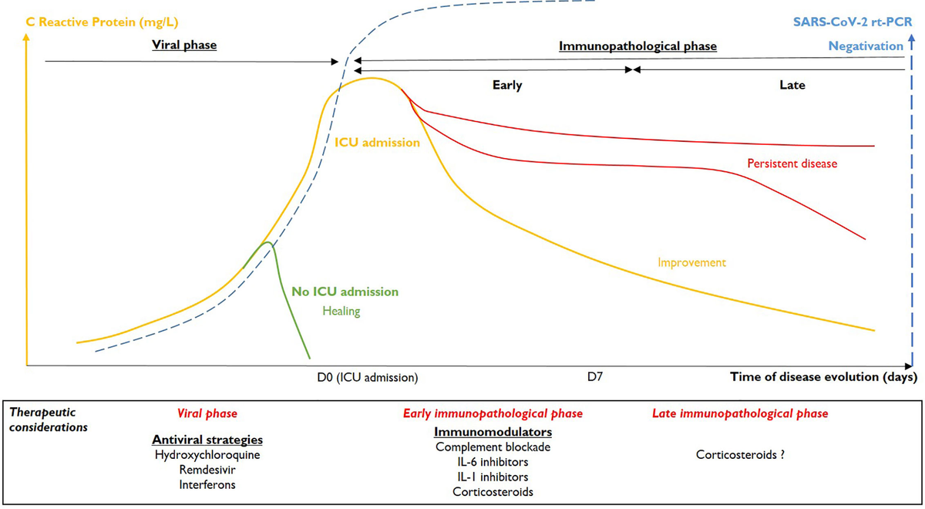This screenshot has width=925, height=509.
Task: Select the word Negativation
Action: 866,46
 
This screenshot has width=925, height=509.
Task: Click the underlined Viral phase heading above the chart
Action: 183,46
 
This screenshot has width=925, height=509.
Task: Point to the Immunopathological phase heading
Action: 637,46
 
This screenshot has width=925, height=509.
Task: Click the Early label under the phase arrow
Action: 507,86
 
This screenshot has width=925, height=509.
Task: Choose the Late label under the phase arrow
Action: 792,86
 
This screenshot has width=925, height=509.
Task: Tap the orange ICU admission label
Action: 377,143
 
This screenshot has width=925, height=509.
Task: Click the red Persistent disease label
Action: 792,164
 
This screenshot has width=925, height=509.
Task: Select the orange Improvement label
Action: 691,262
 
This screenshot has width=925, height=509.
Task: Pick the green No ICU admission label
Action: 345,292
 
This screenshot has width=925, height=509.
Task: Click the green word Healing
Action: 341,311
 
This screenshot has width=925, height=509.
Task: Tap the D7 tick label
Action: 594,378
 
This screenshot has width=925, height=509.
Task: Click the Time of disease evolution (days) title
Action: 823,378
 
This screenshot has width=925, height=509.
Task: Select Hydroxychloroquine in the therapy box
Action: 207,455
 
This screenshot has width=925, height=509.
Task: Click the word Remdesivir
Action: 207,470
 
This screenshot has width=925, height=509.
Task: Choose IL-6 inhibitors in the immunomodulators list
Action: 493,462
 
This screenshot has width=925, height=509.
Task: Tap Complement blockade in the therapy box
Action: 493,447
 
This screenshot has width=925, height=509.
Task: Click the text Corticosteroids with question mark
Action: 740,455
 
